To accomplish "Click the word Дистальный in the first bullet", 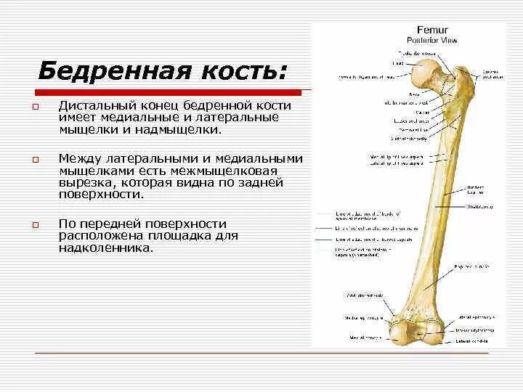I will (94, 106).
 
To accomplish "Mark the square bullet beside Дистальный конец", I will (34, 107).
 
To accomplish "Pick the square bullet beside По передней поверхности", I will (34, 224).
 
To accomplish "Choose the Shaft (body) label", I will (476, 208).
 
